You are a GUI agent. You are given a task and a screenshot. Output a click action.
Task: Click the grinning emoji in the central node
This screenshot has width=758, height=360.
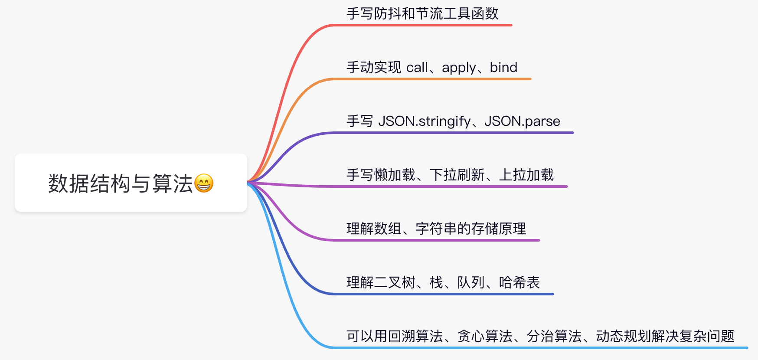click(x=204, y=183)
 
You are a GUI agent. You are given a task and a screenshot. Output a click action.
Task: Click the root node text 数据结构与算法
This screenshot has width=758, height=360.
click(x=121, y=183)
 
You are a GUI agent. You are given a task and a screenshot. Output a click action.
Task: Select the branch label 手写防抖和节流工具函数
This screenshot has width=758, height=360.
click(x=422, y=13)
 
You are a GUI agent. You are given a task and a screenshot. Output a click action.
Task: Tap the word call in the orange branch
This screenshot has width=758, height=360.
click(x=417, y=67)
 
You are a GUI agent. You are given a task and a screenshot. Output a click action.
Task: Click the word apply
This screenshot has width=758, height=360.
click(x=459, y=68)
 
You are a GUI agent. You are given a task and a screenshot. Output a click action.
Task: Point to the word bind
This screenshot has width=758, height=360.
click(x=503, y=67)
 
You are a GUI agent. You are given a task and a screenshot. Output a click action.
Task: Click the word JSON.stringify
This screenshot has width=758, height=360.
click(x=425, y=121)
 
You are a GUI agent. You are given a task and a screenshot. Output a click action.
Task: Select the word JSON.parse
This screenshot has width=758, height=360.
click(x=522, y=121)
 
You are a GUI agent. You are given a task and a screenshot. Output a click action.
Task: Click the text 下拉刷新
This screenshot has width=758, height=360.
click(x=457, y=175)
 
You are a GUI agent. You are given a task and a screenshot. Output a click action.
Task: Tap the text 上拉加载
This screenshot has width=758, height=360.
click(x=526, y=175)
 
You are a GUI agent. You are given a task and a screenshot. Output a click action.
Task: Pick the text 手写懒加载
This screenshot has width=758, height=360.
click(x=381, y=175)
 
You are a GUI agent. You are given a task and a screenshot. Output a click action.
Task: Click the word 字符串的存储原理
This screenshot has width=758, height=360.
click(x=471, y=229)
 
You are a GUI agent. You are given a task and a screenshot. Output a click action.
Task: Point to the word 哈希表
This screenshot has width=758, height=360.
click(x=519, y=282)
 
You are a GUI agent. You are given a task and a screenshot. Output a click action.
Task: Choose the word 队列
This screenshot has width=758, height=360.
click(x=471, y=282)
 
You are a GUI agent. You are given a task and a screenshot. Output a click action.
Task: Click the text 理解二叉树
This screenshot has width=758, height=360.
click(x=381, y=282)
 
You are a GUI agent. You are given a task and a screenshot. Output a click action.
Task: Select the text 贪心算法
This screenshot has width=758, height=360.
click(x=485, y=336)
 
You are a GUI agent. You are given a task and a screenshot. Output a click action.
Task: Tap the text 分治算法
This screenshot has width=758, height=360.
click(x=554, y=336)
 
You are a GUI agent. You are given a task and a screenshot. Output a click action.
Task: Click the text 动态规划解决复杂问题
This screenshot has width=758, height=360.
click(x=665, y=336)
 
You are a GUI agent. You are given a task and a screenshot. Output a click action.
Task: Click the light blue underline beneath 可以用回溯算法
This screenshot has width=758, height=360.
click(x=540, y=348)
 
